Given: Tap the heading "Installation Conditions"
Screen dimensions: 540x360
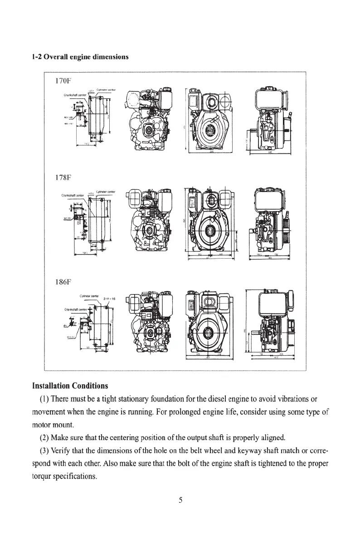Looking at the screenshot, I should point(70,386).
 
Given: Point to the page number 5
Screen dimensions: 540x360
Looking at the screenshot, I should point(180,501).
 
